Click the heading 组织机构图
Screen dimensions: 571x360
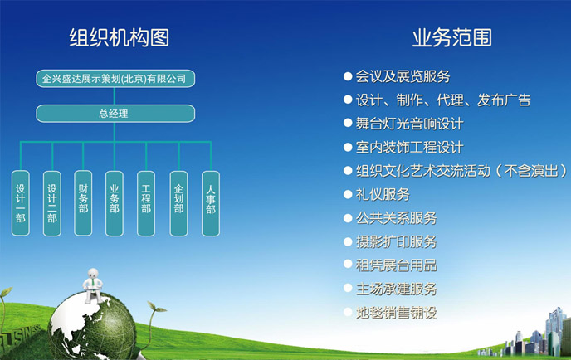pyautogui.click(x=120, y=37)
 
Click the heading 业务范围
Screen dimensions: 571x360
pyautogui.click(x=452, y=37)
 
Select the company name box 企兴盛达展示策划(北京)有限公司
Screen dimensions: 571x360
pyautogui.click(x=115, y=79)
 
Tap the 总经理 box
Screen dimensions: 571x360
pyautogui.click(x=115, y=114)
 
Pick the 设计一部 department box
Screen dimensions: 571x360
pyautogui.click(x=21, y=203)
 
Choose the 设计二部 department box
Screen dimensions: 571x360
pyautogui.click(x=52, y=203)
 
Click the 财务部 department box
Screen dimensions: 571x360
pyautogui.click(x=83, y=203)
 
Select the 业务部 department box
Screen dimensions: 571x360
pyautogui.click(x=115, y=203)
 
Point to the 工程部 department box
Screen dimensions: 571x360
pyautogui.click(x=146, y=203)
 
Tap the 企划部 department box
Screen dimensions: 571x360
pyautogui.click(x=178, y=203)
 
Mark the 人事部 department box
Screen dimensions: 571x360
pyautogui.click(x=211, y=203)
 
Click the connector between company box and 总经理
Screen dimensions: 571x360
pyautogui.click(x=115, y=96)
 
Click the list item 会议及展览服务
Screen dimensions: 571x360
pyautogui.click(x=403, y=76)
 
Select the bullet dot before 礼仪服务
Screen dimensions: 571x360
pyautogui.click(x=348, y=194)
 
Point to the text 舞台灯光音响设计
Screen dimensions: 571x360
pyautogui.click(x=409, y=124)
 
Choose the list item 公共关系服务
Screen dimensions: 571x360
pyautogui.click(x=396, y=218)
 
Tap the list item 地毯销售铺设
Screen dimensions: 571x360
pyautogui.click(x=396, y=313)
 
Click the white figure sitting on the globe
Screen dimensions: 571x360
pyautogui.click(x=92, y=285)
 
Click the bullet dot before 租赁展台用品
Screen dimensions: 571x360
pyautogui.click(x=348, y=264)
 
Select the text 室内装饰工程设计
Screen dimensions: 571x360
pyautogui.click(x=409, y=148)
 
